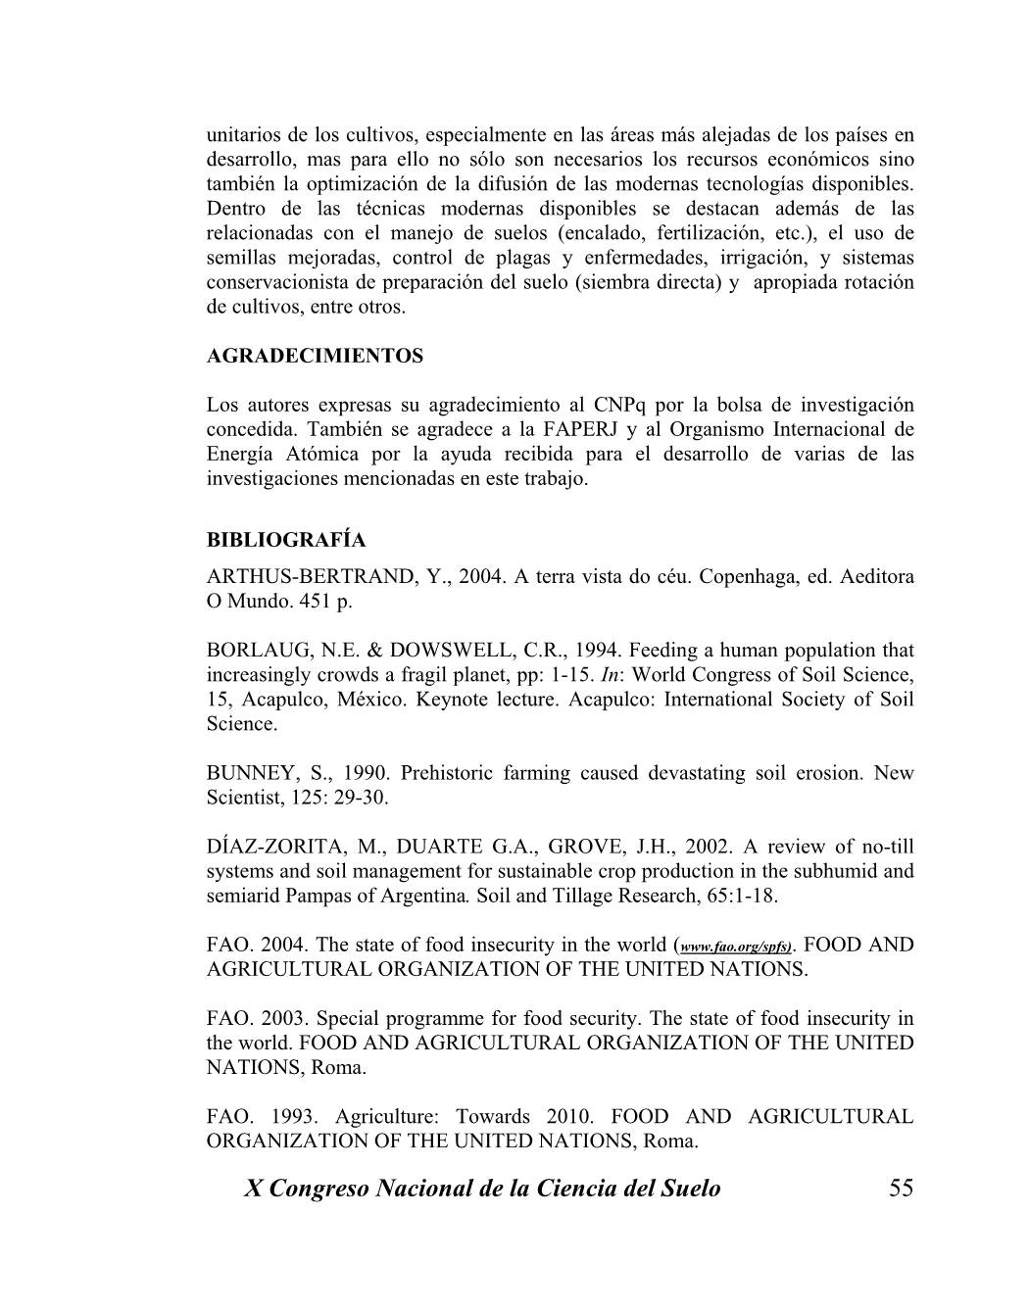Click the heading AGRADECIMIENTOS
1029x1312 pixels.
click(x=315, y=357)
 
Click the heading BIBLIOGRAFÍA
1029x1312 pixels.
click(x=286, y=541)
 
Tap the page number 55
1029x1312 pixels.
click(x=901, y=1189)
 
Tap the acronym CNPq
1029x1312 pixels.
click(x=619, y=406)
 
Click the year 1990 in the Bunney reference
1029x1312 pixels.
click(x=366, y=774)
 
